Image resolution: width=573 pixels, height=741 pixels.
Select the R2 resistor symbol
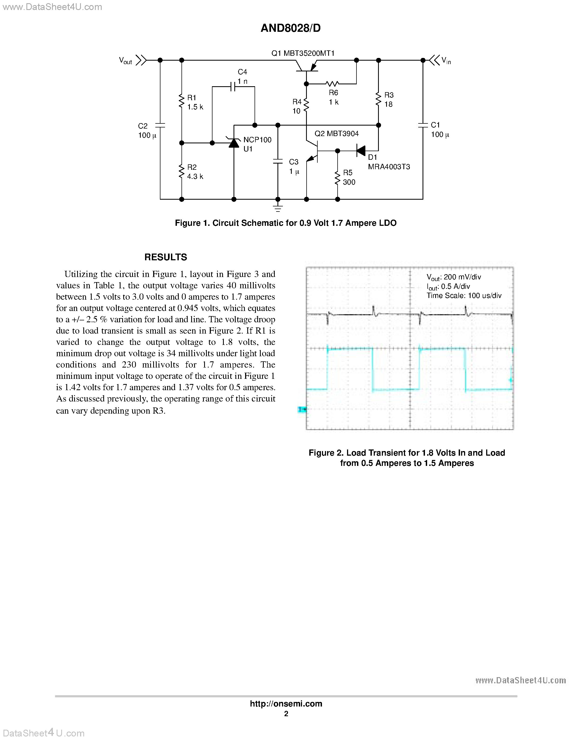click(x=182, y=171)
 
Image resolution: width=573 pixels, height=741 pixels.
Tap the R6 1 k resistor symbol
click(x=332, y=84)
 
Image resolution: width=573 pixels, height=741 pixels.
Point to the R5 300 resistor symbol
click(x=337, y=178)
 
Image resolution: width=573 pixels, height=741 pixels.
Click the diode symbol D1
click(x=361, y=151)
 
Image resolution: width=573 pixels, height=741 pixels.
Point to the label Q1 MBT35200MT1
click(x=303, y=53)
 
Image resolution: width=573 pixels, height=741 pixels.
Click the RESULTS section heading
click(x=166, y=257)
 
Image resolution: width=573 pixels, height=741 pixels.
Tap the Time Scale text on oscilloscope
click(x=464, y=296)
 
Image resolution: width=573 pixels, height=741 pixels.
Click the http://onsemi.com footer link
click(x=286, y=704)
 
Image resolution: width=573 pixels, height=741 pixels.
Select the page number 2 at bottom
click(x=286, y=714)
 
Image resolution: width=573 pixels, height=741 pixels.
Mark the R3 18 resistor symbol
click(x=379, y=99)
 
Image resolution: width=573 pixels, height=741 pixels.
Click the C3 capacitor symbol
click(x=278, y=161)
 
